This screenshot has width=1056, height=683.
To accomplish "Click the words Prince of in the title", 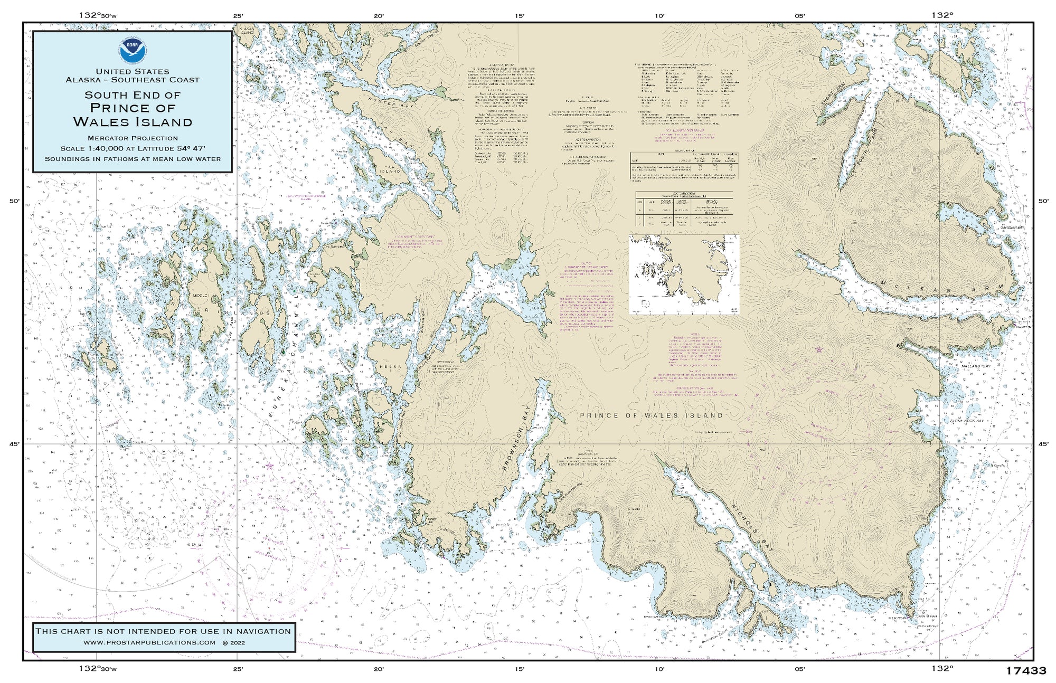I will click(132, 108).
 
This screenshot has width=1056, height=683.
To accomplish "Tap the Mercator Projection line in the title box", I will click(133, 138).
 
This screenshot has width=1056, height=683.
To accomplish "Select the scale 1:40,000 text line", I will click(133, 148).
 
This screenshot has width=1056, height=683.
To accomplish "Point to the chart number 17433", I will click(1025, 671).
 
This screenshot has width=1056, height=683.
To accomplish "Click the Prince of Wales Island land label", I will click(652, 415).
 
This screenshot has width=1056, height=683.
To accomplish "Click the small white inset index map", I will click(684, 274).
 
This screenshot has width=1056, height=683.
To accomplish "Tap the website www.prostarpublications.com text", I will click(149, 642).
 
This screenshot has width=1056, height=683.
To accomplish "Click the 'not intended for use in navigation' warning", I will click(163, 631).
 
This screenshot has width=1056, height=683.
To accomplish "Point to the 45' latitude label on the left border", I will click(15, 444).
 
